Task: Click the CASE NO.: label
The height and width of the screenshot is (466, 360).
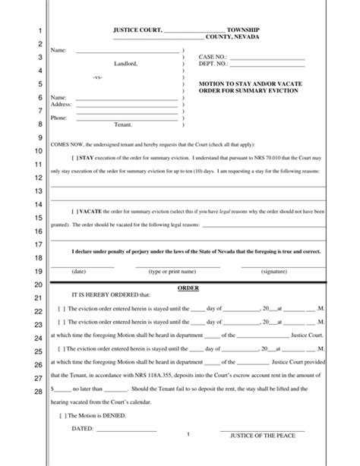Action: point(213,57)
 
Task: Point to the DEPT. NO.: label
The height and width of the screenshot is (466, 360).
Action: point(214,64)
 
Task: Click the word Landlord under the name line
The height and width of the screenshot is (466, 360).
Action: point(125,64)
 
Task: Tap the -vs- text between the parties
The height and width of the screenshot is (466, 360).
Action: point(97,77)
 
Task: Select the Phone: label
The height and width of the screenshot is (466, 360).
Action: point(58,118)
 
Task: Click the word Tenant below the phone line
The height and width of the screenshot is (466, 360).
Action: point(123,124)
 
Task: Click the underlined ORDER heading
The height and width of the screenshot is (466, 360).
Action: point(187,289)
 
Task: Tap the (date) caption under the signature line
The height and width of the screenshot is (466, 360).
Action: point(78,271)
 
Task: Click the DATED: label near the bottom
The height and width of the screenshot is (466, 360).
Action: point(82,429)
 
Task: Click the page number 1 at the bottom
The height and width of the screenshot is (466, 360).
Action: point(187,434)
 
